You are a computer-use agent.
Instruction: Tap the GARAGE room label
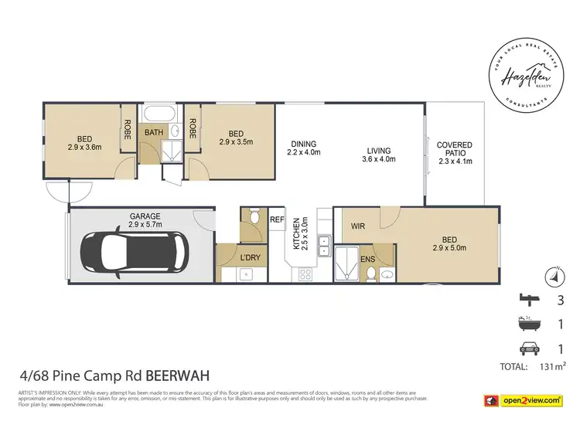pyautogui.click(x=145, y=221)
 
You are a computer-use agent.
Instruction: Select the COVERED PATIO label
pyautogui.click(x=454, y=153)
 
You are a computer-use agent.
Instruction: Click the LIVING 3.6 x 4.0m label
pyautogui.click(x=378, y=155)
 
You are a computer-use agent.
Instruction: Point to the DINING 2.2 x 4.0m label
pyautogui.click(x=304, y=148)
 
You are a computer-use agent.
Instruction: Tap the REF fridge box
pyautogui.click(x=276, y=219)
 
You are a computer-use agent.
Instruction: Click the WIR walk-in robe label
pyautogui.click(x=357, y=227)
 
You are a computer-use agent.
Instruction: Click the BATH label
pyautogui.click(x=154, y=132)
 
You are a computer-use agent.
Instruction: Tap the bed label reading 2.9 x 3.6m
pyautogui.click(x=84, y=143)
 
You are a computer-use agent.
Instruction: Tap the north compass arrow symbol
pyautogui.click(x=552, y=274)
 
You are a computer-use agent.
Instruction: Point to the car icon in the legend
pyautogui.click(x=531, y=348)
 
